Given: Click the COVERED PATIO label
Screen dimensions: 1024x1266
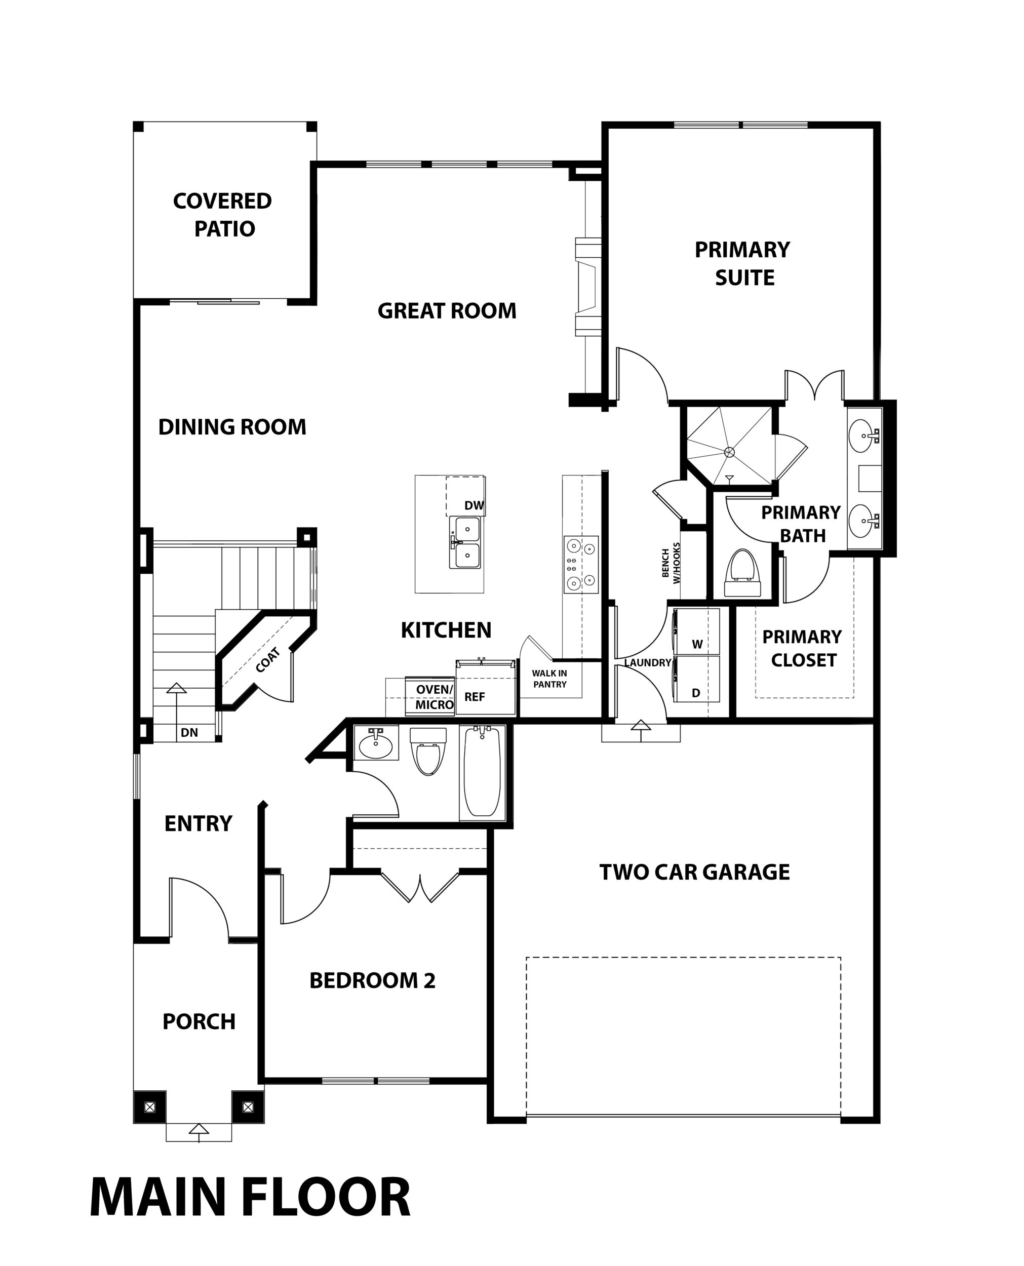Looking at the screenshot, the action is [x=222, y=215].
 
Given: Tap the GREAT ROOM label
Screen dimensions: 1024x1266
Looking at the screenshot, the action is [x=447, y=311].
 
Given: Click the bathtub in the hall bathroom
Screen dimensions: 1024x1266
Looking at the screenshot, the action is [x=483, y=772].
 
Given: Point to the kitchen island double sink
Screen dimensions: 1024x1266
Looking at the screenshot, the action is [x=465, y=542].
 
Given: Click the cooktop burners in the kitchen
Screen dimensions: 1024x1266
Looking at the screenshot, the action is [x=580, y=564].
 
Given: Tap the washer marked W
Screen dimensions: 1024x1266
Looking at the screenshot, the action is [x=697, y=631].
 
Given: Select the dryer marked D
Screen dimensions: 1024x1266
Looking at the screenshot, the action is [x=697, y=679].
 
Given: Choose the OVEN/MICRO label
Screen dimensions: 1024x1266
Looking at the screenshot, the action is [x=435, y=697].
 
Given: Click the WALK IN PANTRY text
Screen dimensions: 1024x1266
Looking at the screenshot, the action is [x=550, y=679].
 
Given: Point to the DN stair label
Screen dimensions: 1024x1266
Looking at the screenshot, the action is [x=189, y=733].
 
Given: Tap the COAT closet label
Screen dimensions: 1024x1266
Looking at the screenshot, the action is [x=268, y=660].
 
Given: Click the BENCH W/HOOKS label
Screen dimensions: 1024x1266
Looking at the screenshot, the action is [x=671, y=563].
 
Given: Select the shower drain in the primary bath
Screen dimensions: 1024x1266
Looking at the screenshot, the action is [x=730, y=452].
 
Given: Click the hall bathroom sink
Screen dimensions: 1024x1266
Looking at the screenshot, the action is [x=376, y=744].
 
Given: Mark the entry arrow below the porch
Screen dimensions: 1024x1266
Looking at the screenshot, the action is [x=199, y=1129].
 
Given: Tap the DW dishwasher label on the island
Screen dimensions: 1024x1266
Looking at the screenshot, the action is [x=474, y=505].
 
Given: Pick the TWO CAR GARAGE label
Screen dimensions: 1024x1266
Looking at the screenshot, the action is [x=694, y=872].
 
